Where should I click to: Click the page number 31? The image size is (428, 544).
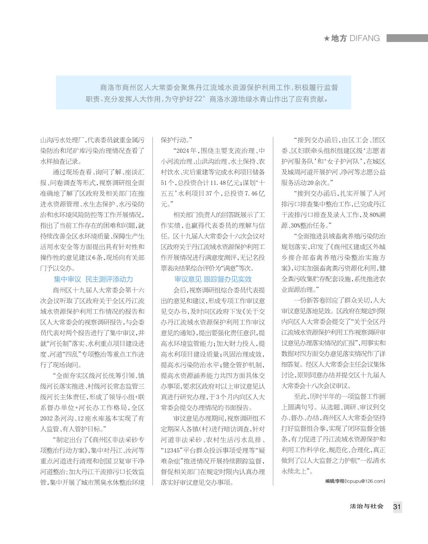pyautogui.click(x=397, y=507)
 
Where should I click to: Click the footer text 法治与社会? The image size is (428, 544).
pyautogui.click(x=367, y=506)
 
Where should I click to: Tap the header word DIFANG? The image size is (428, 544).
pyautogui.click(x=365, y=38)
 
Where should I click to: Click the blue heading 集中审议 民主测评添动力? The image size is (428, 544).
pyautogui.click(x=93, y=279)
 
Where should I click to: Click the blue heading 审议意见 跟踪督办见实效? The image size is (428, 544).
pyautogui.click(x=213, y=279)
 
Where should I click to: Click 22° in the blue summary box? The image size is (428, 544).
pyautogui.click(x=198, y=99)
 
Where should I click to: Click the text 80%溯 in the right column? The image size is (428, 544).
pyautogui.click(x=376, y=215)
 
